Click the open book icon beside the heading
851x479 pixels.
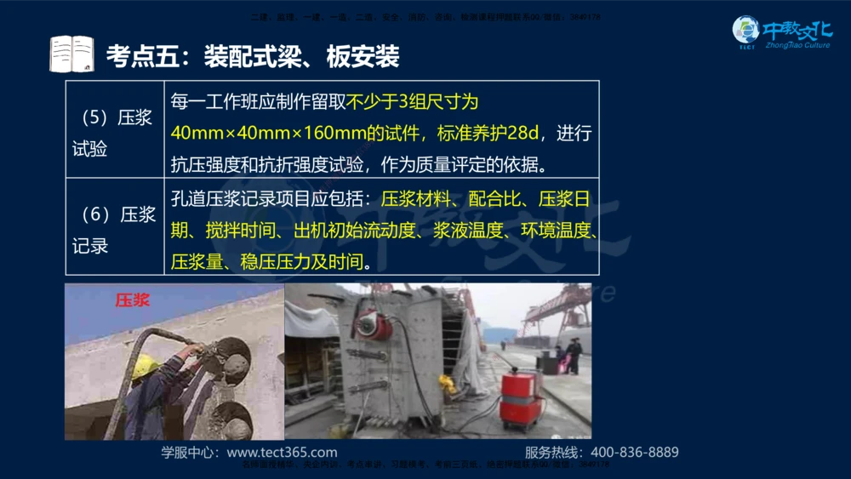pyautogui.click(x=71, y=54)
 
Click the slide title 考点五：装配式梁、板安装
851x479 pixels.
pyautogui.click(x=252, y=56)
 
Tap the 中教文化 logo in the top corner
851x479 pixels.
pyautogui.click(x=782, y=34)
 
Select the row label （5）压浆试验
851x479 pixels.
pyautogui.click(x=114, y=133)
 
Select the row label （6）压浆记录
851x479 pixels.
pyautogui.click(x=114, y=230)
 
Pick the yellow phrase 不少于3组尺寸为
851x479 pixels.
pyautogui.click(x=412, y=102)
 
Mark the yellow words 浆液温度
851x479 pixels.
pyautogui.click(x=465, y=230)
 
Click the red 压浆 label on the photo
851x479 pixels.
pyautogui.click(x=133, y=299)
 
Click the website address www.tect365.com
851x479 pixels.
pyautogui.click(x=282, y=453)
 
